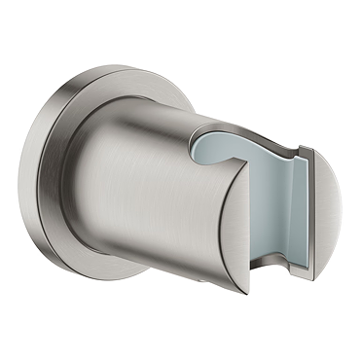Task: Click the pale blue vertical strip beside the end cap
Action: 292,209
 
